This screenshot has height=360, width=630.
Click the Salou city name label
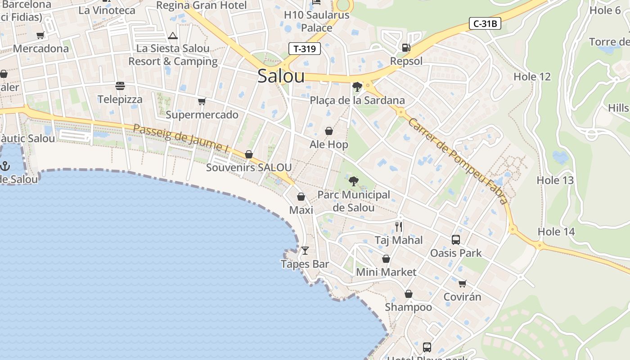(x=281, y=76)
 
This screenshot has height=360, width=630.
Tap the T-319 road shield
(x=305, y=49)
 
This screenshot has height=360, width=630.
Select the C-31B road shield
(x=485, y=23)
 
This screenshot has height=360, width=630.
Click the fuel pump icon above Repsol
(x=406, y=47)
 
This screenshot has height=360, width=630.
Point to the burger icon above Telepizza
(x=120, y=85)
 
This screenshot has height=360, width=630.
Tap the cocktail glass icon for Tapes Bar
(x=305, y=250)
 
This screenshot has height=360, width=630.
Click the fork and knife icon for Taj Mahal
(x=399, y=226)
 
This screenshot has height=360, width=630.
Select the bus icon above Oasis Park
(x=456, y=239)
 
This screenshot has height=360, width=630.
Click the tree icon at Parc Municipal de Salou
(x=354, y=181)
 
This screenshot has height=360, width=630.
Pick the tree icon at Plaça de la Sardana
(x=357, y=86)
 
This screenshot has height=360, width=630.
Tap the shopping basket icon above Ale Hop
(x=329, y=131)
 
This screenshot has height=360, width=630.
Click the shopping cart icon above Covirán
(x=462, y=283)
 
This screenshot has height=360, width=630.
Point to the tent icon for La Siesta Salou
(x=173, y=36)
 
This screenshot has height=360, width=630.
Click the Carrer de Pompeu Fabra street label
(x=457, y=161)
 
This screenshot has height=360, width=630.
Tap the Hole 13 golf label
(x=555, y=180)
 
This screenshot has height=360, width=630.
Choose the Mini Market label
(x=386, y=272)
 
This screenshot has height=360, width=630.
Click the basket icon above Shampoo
(x=408, y=294)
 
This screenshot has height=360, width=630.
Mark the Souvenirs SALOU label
(x=249, y=168)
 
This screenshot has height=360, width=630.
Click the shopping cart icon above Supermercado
(x=202, y=101)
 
